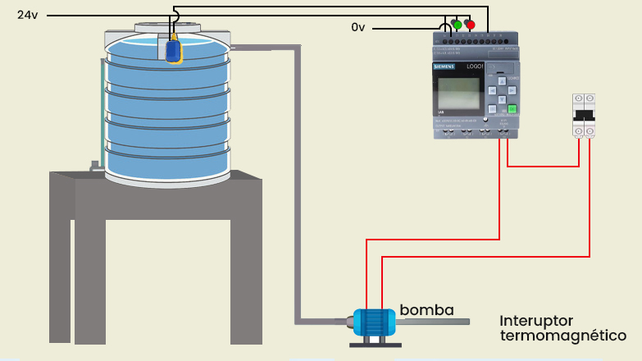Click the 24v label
28,15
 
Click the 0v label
357,28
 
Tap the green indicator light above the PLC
457,24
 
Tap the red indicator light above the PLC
470,24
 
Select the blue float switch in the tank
173,51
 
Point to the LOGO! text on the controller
476,66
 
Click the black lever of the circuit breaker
583,114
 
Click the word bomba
426,310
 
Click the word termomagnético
563,336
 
